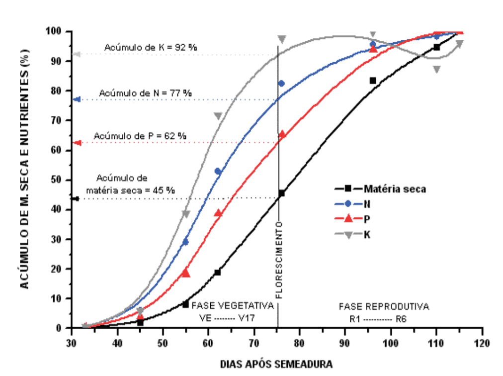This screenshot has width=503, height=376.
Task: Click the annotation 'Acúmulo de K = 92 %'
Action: point(151,48)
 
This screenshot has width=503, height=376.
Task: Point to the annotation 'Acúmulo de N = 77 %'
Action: point(145,93)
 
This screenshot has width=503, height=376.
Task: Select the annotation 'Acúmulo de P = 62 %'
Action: point(140,136)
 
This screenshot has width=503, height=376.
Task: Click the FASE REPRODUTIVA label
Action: point(384,305)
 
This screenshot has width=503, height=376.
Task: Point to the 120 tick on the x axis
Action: point(482,343)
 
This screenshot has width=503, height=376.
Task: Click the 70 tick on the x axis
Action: point(253,343)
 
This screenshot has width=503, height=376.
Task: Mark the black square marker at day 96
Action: point(373,81)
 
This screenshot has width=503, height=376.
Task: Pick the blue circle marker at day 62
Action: point(218,172)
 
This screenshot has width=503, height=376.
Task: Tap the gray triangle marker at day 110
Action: point(436,70)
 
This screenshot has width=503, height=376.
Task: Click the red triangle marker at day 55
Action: point(186,273)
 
